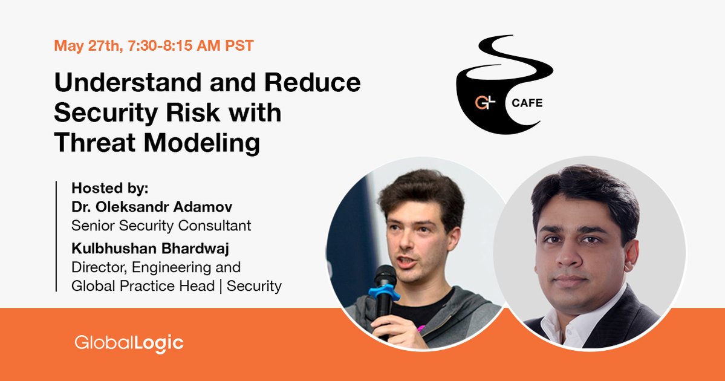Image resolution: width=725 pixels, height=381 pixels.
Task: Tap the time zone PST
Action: (239, 45)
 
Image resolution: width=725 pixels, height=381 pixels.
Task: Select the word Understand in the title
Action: (128, 82)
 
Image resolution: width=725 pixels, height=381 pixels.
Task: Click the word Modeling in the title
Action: (201, 143)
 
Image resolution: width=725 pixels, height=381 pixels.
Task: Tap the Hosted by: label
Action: (110, 188)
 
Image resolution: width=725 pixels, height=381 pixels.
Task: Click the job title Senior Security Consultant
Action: (161, 225)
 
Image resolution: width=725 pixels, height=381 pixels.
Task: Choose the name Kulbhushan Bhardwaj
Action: (151, 249)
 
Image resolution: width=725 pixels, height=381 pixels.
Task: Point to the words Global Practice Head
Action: (143, 285)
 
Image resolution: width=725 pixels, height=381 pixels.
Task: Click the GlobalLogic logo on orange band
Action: (129, 344)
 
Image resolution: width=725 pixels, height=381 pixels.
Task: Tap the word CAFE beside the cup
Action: (527, 103)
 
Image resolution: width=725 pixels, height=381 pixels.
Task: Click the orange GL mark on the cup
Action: (484, 102)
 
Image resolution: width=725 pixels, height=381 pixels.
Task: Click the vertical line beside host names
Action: (56, 236)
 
